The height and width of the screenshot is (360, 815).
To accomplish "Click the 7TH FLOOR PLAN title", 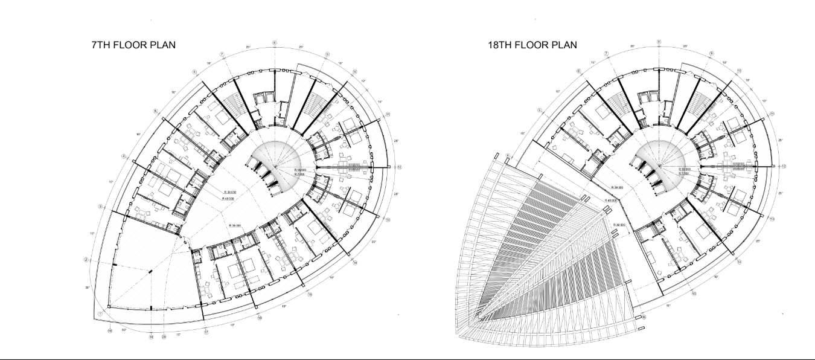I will coord(133,45).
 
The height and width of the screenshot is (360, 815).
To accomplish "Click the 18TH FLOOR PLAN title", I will coord(532,45).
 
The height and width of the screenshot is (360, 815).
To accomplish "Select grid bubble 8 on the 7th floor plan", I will coord(275,43).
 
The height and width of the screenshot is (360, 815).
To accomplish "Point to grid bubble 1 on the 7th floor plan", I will coord(100,314).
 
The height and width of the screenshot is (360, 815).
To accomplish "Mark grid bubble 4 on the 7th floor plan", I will coord(124,156).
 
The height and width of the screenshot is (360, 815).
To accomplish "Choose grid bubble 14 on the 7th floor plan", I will coord(355,263).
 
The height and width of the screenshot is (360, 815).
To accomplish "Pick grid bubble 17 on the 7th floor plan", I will coord(206,332).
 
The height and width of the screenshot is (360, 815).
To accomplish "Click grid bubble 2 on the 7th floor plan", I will coord(86,260).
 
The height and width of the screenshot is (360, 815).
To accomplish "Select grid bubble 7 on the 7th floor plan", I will coord(222,54).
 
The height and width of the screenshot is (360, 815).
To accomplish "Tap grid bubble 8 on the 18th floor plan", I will coord(659,42).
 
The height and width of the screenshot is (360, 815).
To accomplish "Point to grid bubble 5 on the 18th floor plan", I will coord(540,111).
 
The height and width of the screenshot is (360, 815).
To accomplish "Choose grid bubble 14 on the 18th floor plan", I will coord(740,262).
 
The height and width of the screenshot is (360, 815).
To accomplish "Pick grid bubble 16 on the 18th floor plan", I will coord(644,317).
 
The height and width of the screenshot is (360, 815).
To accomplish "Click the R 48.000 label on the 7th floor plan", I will coord(229,198).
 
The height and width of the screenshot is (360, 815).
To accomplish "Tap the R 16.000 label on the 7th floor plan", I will coord(301,170).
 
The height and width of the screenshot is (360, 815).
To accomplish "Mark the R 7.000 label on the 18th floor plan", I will coord(685,173).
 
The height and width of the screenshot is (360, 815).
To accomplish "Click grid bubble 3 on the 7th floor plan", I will coord(100,207).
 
